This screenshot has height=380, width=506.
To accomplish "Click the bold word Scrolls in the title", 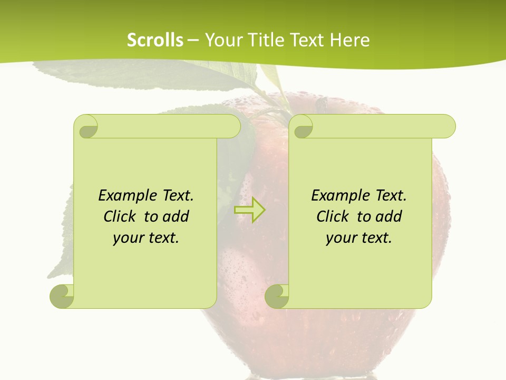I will (x=155, y=40).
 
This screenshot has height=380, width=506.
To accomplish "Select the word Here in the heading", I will (x=350, y=40).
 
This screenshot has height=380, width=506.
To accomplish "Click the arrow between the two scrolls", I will (x=249, y=210).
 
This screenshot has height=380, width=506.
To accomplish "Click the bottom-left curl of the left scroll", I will (x=62, y=296).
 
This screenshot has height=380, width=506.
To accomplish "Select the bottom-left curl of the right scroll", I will (x=277, y=296).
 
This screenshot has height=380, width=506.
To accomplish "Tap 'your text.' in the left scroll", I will (x=146, y=237).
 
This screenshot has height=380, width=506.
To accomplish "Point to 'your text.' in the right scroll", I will (x=359, y=237).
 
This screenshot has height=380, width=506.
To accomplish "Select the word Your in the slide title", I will (x=222, y=40).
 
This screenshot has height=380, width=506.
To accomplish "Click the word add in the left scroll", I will (x=176, y=216).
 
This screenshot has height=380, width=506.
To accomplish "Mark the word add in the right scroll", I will (x=388, y=216).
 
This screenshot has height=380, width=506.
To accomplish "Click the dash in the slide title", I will (x=193, y=40).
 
